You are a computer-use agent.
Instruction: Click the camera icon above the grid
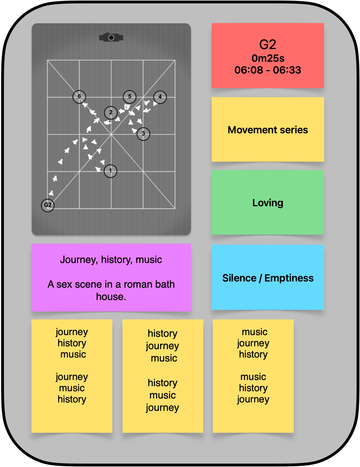111,37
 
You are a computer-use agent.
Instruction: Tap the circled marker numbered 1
110,171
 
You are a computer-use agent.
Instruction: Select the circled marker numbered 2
111,113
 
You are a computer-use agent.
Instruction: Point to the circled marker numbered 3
143,134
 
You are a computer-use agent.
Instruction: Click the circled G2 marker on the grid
48,205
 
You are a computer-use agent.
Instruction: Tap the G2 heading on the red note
268,45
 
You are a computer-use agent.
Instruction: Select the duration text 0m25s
268,58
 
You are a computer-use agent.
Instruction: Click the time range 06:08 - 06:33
268,70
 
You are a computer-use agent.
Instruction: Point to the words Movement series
268,130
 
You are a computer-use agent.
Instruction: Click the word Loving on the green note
268,203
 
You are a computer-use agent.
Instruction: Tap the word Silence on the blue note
239,278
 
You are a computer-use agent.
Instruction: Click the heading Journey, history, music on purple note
111,260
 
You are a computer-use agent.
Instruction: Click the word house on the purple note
110,297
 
